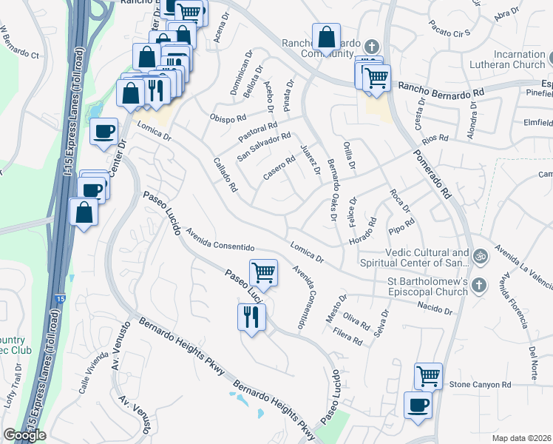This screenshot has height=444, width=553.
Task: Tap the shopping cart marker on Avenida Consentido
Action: [264, 272]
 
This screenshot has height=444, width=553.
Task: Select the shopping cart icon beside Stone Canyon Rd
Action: [429, 376]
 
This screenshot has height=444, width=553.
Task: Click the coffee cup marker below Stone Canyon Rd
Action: [418, 405]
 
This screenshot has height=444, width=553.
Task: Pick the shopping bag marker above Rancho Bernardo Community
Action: [326, 36]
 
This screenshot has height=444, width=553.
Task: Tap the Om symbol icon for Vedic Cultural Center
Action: [480, 256]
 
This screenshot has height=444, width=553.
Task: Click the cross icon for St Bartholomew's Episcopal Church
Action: [479, 284]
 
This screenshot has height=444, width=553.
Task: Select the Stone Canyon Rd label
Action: [481, 385]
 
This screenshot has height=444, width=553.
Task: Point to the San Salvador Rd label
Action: [264, 147]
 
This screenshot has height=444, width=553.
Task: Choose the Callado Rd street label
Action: [224, 175]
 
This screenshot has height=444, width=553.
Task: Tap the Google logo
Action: [24, 435]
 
